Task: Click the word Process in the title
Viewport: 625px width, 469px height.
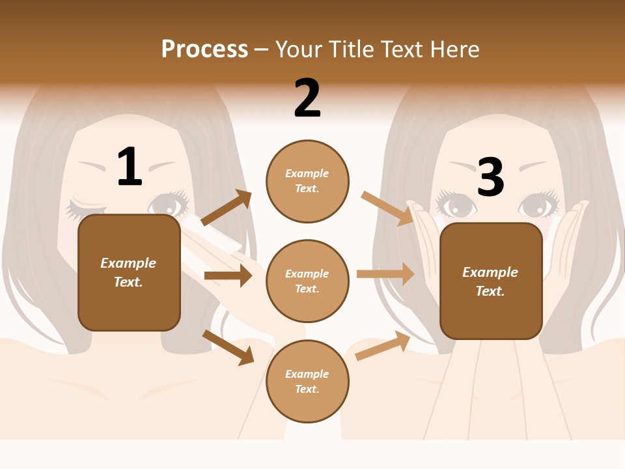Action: pyautogui.click(x=204, y=49)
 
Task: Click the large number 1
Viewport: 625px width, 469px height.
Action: pyautogui.click(x=130, y=167)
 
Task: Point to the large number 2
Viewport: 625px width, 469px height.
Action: pyautogui.click(x=307, y=98)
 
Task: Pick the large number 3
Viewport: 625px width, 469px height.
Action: pyautogui.click(x=491, y=177)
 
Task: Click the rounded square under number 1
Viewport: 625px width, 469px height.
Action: pyautogui.click(x=129, y=272)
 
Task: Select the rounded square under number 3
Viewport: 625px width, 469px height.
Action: pyautogui.click(x=491, y=281)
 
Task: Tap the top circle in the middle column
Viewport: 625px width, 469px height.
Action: pyautogui.click(x=307, y=181)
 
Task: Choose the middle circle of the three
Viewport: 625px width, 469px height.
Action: pyautogui.click(x=307, y=281)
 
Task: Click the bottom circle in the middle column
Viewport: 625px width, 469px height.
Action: pyautogui.click(x=307, y=382)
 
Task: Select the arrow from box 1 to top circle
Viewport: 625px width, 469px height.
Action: pyautogui.click(x=227, y=208)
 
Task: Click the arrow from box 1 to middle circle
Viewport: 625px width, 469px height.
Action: pyautogui.click(x=228, y=276)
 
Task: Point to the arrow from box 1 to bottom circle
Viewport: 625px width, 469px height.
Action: pyautogui.click(x=229, y=347)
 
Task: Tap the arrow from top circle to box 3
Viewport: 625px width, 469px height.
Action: pyautogui.click(x=387, y=208)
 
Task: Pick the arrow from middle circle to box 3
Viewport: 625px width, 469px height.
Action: pyautogui.click(x=385, y=274)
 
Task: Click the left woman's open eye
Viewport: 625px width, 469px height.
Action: pyautogui.click(x=169, y=205)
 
